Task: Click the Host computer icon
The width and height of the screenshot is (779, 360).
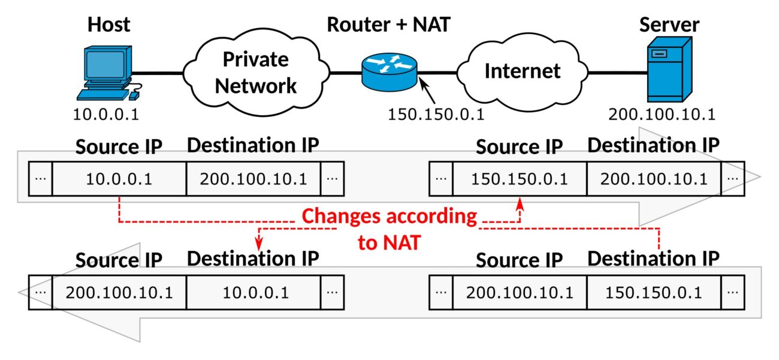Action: tap(108, 73)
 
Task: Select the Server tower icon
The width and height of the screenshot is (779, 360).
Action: tap(669, 69)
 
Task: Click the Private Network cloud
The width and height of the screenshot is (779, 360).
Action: tap(256, 72)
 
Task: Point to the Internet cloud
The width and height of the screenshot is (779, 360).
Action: tap(523, 72)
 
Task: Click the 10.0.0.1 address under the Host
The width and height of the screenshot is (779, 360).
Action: tap(106, 114)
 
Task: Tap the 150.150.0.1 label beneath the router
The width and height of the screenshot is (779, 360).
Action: tap(436, 114)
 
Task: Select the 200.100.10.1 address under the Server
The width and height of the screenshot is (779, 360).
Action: tap(662, 114)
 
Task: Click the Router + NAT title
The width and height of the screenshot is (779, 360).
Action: tap(389, 25)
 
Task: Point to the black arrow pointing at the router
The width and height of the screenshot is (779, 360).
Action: tap(427, 90)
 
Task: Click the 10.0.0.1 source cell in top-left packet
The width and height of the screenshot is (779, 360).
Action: tap(119, 179)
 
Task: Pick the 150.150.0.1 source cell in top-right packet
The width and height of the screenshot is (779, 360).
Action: tap(520, 179)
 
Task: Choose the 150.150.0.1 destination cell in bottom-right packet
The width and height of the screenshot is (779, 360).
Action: tap(654, 292)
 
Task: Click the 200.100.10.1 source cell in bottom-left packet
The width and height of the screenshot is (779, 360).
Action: tap(119, 292)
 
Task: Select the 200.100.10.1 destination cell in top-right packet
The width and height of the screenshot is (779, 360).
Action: tap(654, 179)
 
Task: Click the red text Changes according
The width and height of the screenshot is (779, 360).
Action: tap(389, 216)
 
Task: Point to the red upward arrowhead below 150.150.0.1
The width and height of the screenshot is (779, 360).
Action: tap(520, 204)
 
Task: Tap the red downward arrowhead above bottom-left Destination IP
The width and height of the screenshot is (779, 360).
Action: tap(259, 243)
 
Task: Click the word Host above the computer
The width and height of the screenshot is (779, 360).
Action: tap(109, 25)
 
